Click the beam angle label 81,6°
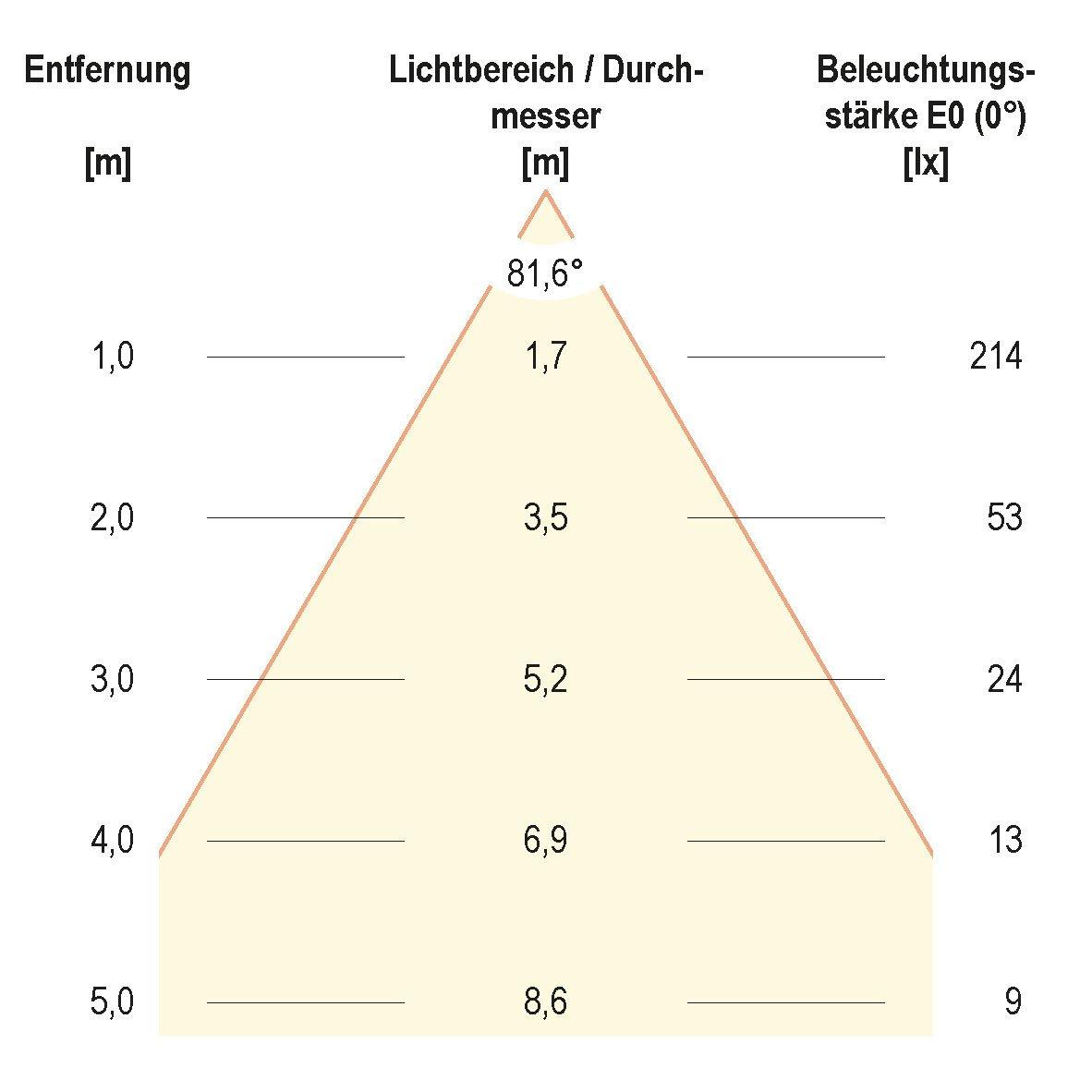pyautogui.click(x=545, y=273)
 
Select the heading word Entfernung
pyautogui.click(x=108, y=70)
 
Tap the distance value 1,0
pyautogui.click(x=113, y=357)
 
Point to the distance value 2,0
pyautogui.click(x=113, y=518)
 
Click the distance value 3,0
pyautogui.click(x=113, y=680)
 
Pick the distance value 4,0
pyautogui.click(x=113, y=841)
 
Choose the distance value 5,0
pyautogui.click(x=113, y=1002)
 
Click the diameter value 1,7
pyautogui.click(x=545, y=357)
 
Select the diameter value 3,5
pyautogui.click(x=545, y=518)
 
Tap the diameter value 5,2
pyautogui.click(x=545, y=680)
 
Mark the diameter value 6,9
pyautogui.click(x=545, y=841)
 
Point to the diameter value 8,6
pyautogui.click(x=545, y=1002)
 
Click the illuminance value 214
pyautogui.click(x=996, y=357)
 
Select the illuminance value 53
pyautogui.click(x=1004, y=518)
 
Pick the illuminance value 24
pyautogui.click(x=1004, y=680)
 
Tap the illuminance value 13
pyautogui.click(x=1004, y=841)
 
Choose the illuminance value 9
pyautogui.click(x=1013, y=1002)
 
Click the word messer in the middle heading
pyautogui.click(x=546, y=117)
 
